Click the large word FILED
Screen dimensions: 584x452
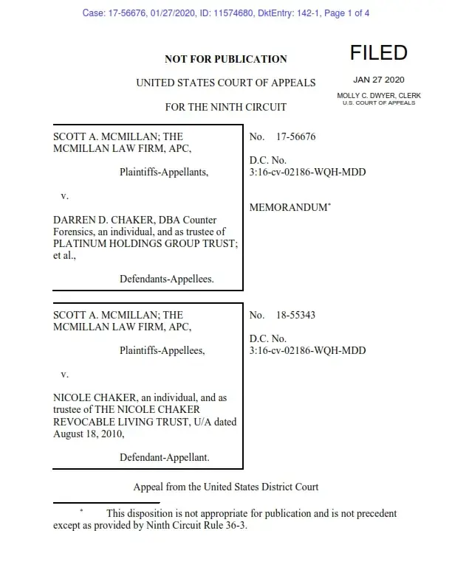[x=378, y=53]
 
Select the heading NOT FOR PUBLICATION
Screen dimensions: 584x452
[x=225, y=59]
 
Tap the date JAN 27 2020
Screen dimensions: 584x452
[x=379, y=80]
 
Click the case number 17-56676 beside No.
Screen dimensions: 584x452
[x=295, y=137]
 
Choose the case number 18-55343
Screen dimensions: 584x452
[x=295, y=315]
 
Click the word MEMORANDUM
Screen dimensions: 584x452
[x=288, y=208]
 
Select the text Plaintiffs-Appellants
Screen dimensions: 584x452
[x=164, y=173]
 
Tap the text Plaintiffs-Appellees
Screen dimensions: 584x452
[x=162, y=350]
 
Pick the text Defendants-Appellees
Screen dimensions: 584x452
[x=166, y=279]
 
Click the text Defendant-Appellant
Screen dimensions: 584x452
[x=164, y=457]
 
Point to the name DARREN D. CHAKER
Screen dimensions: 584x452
[x=96, y=220]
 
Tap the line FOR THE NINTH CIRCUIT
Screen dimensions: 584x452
[x=225, y=107]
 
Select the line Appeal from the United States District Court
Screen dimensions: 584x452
[x=225, y=487]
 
